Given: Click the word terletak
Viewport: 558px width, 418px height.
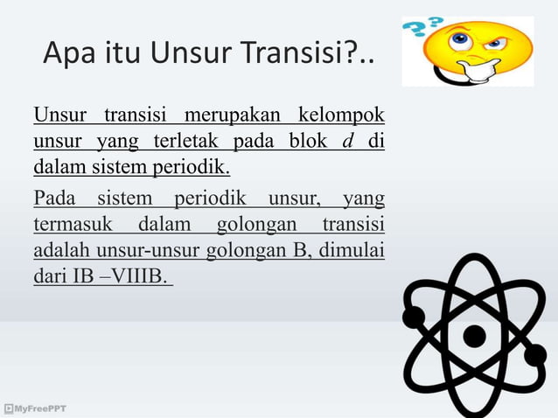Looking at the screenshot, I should [x=185, y=141].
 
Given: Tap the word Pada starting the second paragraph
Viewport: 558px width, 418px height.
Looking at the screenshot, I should [x=55, y=199].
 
